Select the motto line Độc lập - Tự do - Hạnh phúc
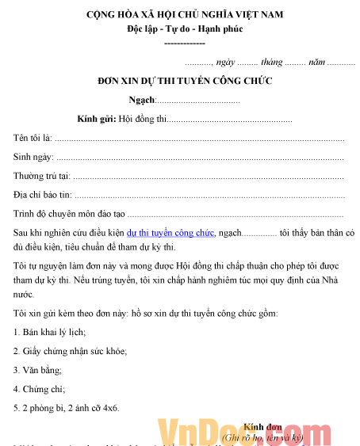[184, 29]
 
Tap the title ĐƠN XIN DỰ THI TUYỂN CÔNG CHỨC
[184, 81]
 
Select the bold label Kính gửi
[95, 120]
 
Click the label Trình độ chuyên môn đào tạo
[69, 214]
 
